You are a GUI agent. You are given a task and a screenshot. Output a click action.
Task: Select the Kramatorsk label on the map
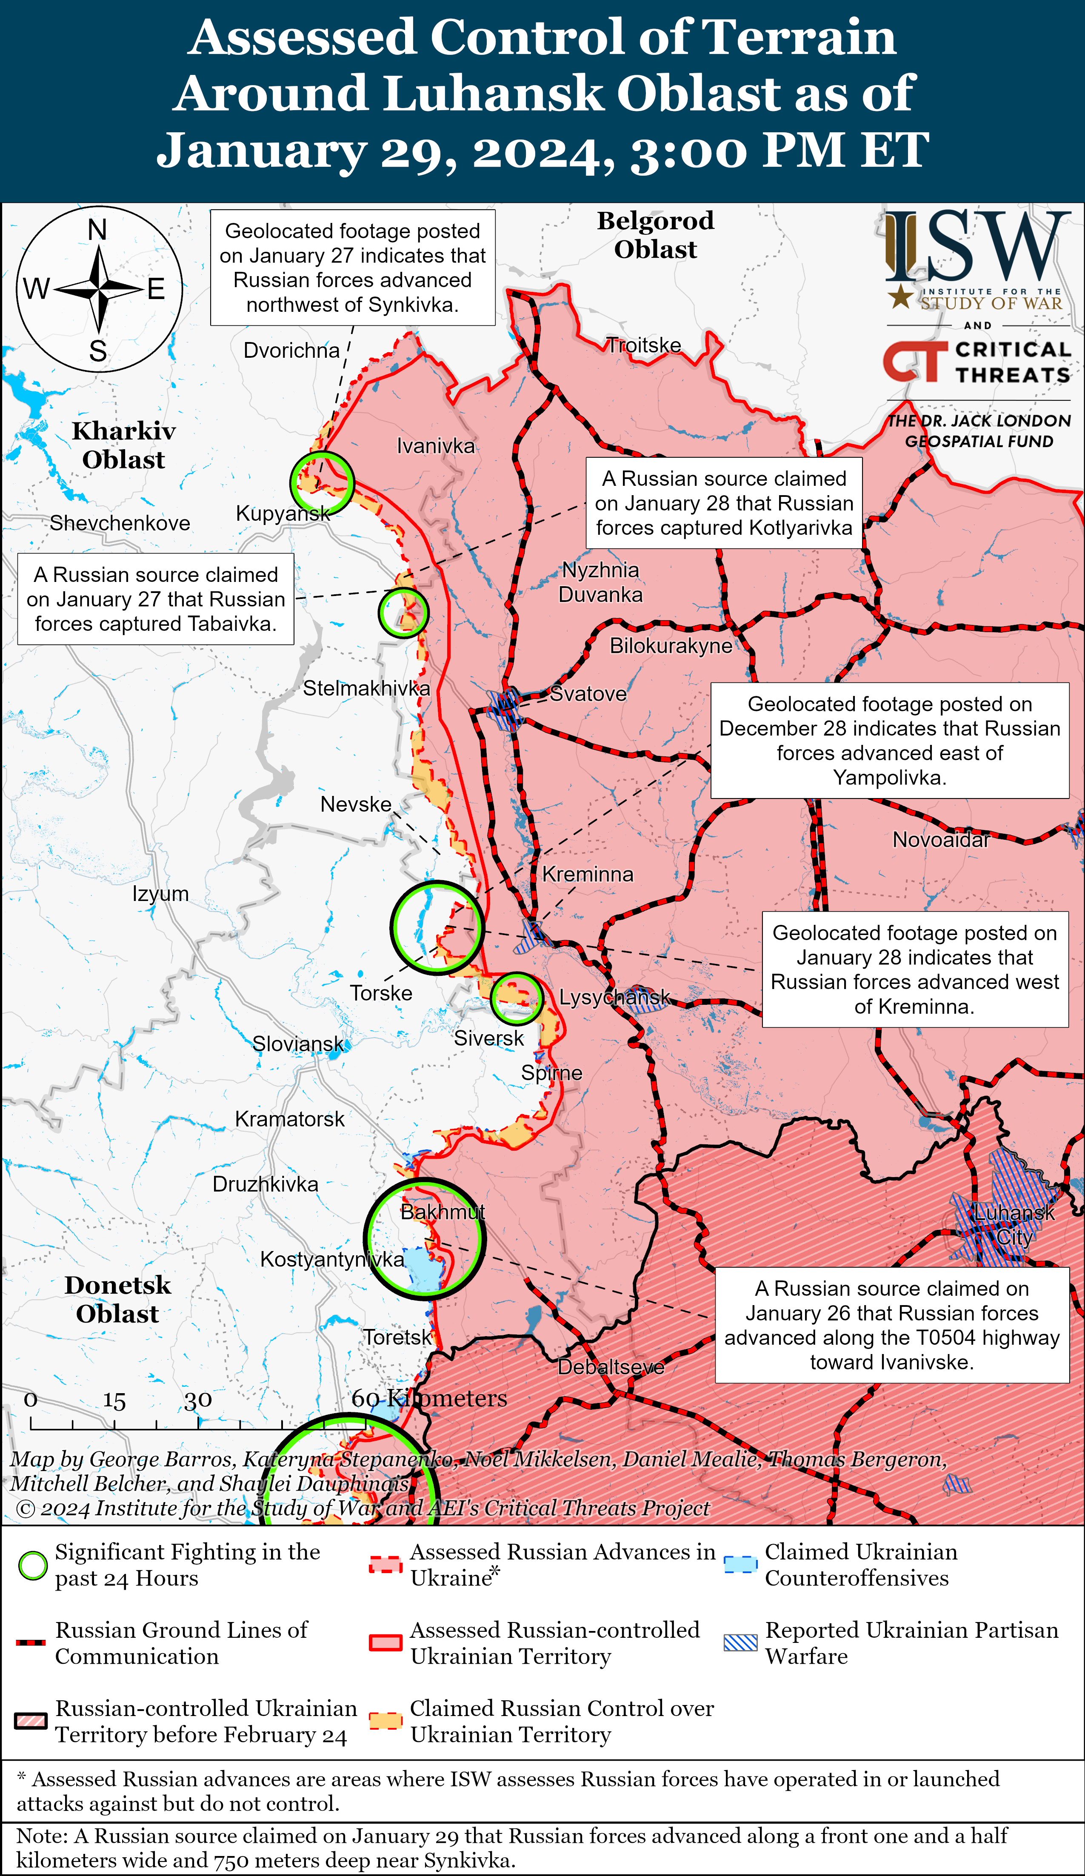[290, 1119]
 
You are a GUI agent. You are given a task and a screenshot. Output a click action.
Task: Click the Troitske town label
[643, 345]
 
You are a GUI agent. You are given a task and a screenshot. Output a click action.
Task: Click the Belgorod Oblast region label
[655, 234]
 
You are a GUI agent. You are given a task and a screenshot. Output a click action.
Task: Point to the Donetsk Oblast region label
[118, 1299]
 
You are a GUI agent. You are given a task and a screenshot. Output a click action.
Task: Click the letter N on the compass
[97, 230]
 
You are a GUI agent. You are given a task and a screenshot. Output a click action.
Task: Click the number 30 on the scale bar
[198, 1400]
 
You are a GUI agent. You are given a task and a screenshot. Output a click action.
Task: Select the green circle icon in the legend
[33, 1565]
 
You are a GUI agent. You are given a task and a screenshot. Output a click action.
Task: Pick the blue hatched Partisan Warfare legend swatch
[740, 1643]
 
